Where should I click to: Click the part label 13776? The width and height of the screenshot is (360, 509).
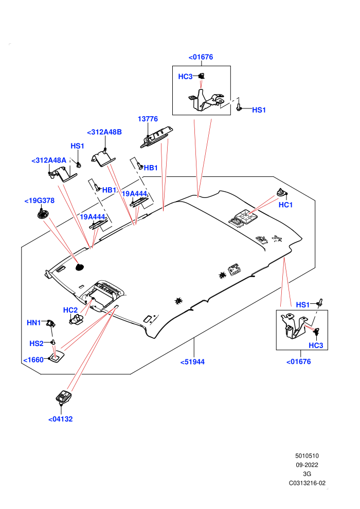coord(148,119)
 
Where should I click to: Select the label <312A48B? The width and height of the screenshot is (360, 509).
coord(104,132)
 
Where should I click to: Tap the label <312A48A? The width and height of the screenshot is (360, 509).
coord(49,160)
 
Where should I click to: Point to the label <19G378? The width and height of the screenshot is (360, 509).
coord(39,201)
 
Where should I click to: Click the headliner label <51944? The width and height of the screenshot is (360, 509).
coord(192,362)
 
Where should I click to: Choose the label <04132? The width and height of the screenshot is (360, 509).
coord(60,419)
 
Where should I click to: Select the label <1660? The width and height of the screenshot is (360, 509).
coord(33,360)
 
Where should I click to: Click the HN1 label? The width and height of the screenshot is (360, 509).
coord(34,323)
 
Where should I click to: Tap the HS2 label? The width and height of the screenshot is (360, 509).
coord(37,343)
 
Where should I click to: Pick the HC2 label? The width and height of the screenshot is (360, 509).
coord(70,310)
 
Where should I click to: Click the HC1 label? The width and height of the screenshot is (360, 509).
coord(285,205)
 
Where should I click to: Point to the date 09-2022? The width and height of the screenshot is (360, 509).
coord(307,465)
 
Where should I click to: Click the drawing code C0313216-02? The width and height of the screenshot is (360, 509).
coord(307,483)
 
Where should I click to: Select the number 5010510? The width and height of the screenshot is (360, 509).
coord(307,456)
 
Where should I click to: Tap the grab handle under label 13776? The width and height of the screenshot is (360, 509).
coord(156,137)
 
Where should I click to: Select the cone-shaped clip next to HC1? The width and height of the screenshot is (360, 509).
coord(280,192)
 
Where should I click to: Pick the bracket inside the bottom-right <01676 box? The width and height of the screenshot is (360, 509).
coord(294,326)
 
